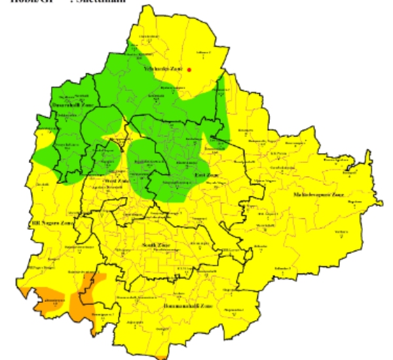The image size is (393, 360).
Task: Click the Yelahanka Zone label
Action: (x=163, y=68)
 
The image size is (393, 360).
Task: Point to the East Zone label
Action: (x=206, y=175)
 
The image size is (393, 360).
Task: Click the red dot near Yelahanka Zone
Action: (x=189, y=69)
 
